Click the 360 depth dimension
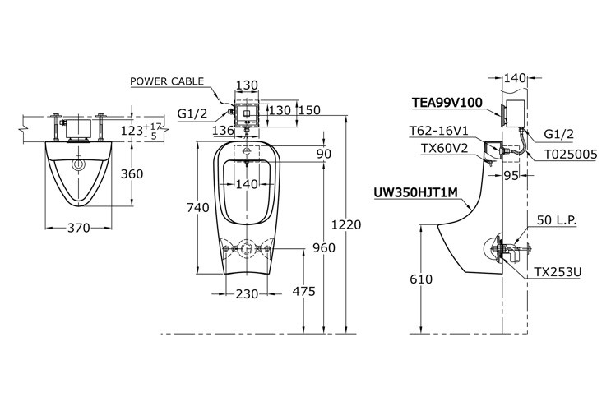133,173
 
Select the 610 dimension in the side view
420,279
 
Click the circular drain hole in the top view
79,164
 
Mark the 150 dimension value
310,110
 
